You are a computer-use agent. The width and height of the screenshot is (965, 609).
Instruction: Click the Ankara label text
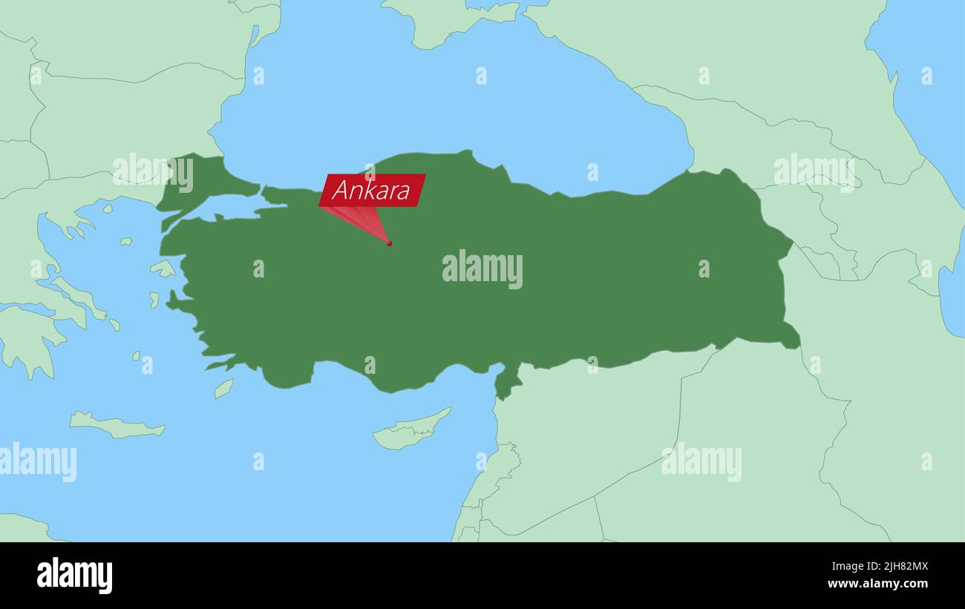pyautogui.click(x=371, y=191)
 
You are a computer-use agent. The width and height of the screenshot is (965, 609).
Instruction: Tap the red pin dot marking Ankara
pyautogui.click(x=389, y=243)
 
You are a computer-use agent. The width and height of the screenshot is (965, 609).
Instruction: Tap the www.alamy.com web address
pyautogui.click(x=877, y=584)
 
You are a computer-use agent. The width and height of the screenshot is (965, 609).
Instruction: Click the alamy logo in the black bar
pyautogui.click(x=74, y=576)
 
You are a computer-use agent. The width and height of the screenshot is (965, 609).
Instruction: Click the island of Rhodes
pyautogui.click(x=223, y=388)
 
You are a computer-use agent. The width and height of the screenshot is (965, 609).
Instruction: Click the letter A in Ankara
pyautogui.click(x=341, y=191)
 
